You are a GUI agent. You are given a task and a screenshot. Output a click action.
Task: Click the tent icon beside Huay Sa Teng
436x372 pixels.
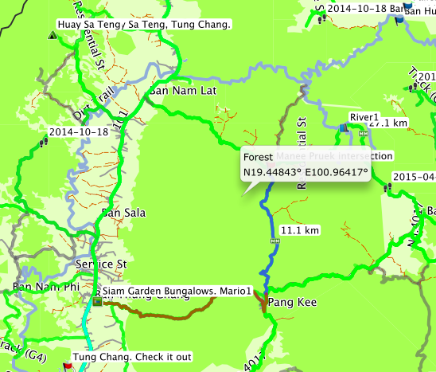tap(52, 35)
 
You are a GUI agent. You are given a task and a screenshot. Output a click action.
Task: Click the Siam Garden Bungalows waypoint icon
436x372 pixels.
tap(96, 302)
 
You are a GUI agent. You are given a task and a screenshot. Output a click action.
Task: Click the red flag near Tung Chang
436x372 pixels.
tap(68, 366)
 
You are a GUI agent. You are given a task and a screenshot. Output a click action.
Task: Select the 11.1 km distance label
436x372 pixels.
tap(301, 230)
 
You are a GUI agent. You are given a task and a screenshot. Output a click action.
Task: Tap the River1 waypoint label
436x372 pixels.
tap(364, 117)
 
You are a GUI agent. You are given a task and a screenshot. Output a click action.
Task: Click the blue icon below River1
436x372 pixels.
tap(343, 127)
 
